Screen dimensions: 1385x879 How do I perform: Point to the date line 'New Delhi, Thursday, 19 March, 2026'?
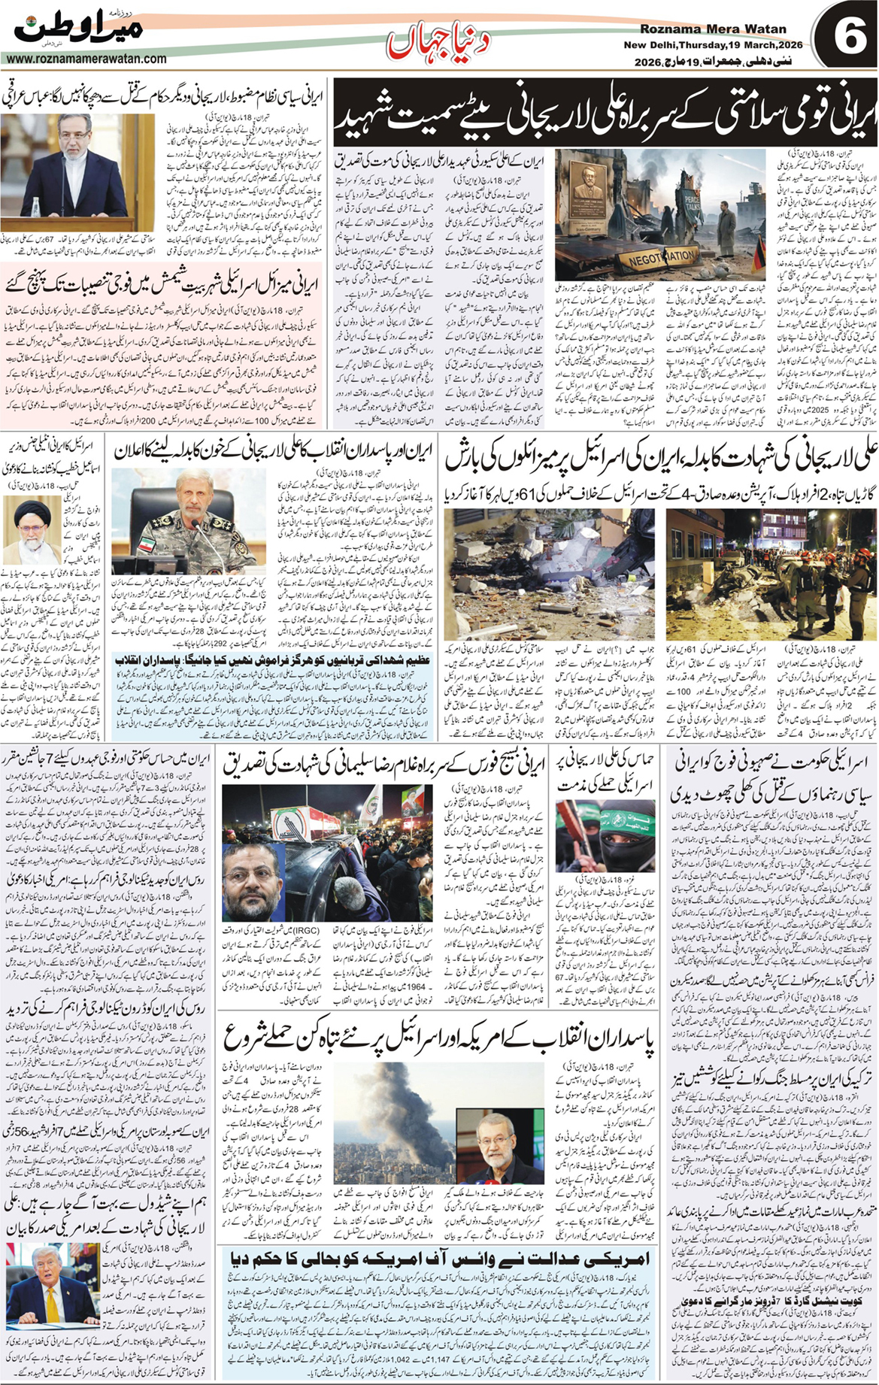pos(712,44)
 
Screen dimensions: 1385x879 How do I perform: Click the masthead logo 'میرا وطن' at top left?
pos(79,30)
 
